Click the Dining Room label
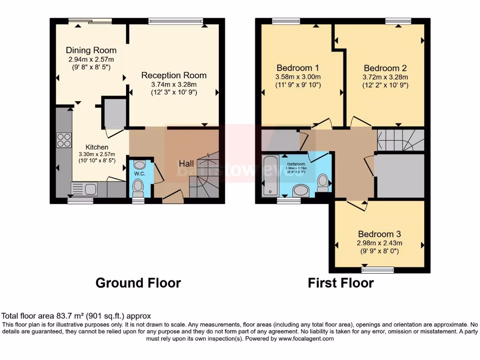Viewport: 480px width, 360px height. [91, 50]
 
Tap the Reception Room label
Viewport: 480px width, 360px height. [174, 75]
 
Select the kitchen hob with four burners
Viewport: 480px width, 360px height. [64, 140]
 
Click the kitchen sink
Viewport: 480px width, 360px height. [84, 189]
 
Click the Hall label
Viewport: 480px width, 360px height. [187, 164]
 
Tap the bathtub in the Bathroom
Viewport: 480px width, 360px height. [270, 175]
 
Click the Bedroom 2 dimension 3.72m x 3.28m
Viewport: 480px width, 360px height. [385, 77]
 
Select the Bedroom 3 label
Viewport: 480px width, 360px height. [379, 234]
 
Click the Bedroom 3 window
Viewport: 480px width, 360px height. [378, 270]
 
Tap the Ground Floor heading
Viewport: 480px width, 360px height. [138, 283]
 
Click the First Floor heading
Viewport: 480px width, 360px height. [340, 283]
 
